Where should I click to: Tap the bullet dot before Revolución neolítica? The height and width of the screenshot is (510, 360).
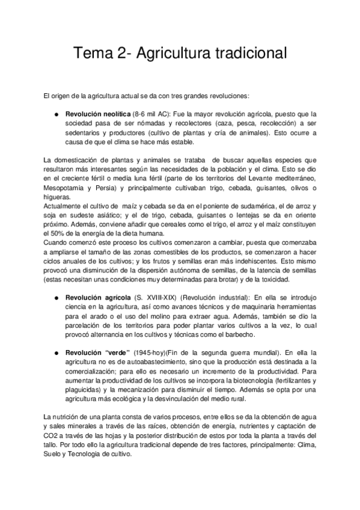pos(56,113)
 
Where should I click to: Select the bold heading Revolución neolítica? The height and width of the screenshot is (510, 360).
pos(97,113)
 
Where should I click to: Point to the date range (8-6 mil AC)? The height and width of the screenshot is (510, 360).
pos(153,113)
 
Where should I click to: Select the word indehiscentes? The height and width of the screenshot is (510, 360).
pos(256,262)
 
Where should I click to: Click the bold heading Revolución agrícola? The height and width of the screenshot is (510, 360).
pos(97,297)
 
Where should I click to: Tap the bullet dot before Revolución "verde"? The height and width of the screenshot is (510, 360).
pos(56,352)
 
